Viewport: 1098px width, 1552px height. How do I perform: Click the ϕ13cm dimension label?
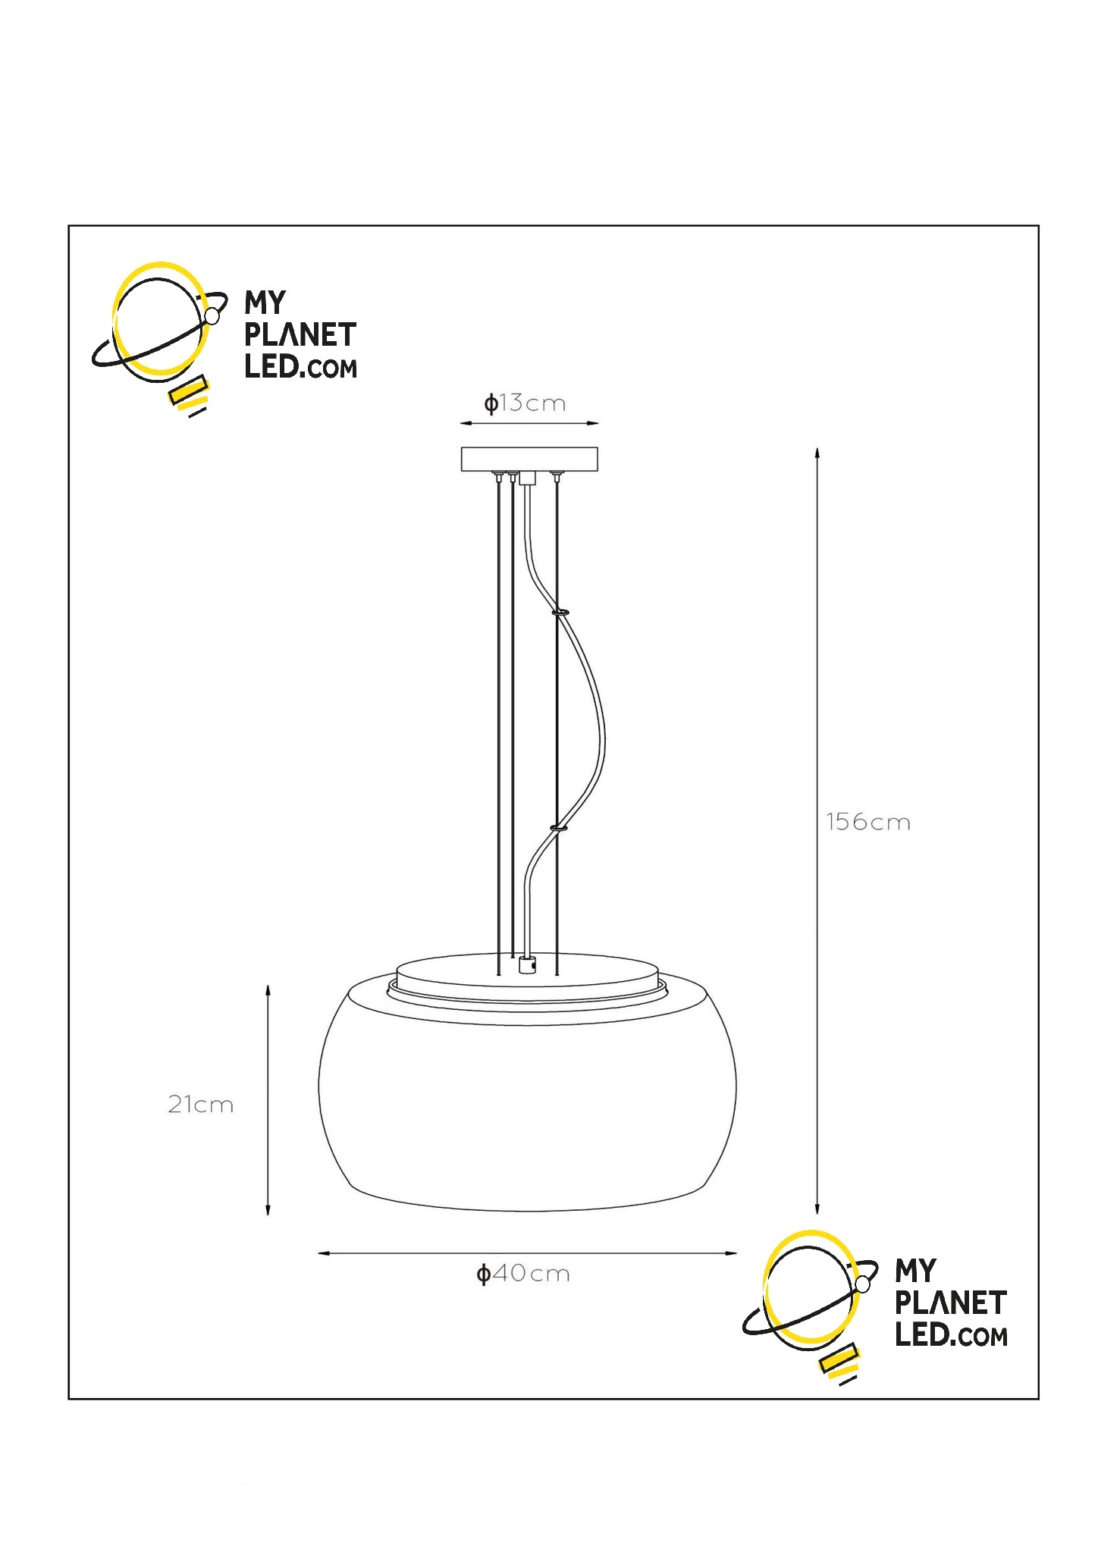point(525,403)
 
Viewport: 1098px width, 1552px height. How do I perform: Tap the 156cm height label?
point(868,822)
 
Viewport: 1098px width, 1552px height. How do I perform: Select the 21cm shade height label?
point(200,1105)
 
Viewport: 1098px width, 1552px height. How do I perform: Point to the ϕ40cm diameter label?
point(522,1273)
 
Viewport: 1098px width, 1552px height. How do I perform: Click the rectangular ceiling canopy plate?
point(529,459)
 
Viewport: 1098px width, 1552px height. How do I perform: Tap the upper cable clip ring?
point(562,610)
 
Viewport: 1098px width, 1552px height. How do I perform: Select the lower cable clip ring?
point(560,829)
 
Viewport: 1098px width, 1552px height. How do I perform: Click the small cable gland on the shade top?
point(527,965)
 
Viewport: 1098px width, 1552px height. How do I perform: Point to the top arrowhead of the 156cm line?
point(817,453)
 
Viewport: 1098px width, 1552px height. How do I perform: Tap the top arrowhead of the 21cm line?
point(268,991)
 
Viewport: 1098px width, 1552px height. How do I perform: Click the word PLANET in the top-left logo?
point(300,335)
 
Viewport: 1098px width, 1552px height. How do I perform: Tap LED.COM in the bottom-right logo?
point(951,1335)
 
